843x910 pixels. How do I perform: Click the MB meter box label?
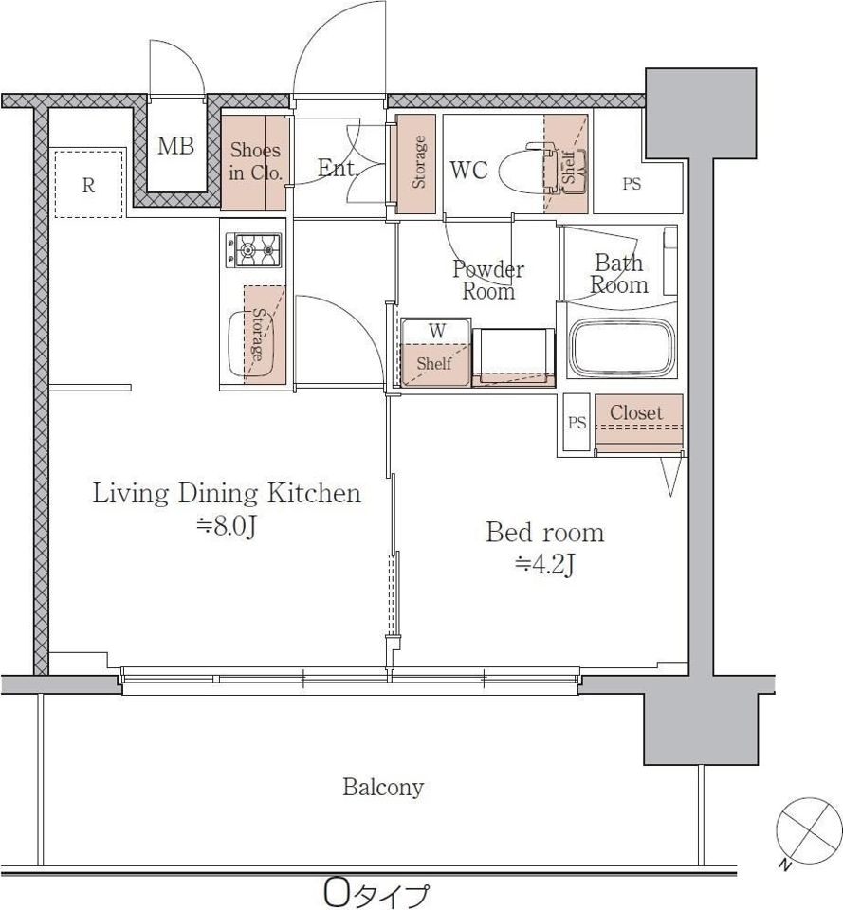click(175, 146)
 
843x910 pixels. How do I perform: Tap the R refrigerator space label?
click(88, 185)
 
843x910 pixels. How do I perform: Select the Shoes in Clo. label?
click(255, 161)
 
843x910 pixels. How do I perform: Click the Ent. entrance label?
click(338, 169)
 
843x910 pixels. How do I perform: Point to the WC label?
click(468, 170)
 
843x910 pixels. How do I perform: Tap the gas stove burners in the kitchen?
click(253, 250)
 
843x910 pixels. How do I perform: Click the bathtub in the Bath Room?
click(622, 348)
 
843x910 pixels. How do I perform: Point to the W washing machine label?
click(436, 331)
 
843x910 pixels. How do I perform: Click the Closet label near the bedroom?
click(636, 412)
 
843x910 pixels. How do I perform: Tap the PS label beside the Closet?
click(577, 423)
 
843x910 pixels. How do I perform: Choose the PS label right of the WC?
click(632, 184)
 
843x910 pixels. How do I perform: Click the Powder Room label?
click(488, 280)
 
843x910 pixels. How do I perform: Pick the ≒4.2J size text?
click(544, 565)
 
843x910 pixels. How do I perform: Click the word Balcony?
click(383, 787)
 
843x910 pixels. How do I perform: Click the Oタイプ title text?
click(376, 894)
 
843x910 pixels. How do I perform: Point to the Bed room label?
click(544, 532)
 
